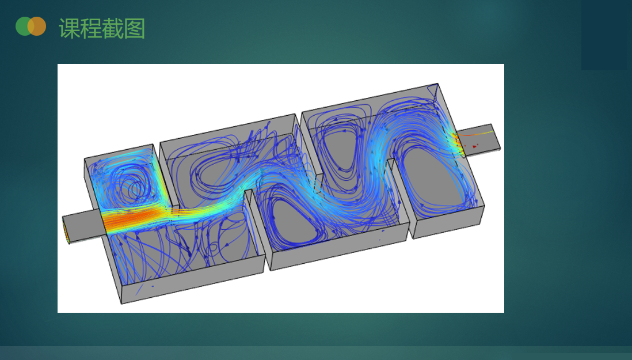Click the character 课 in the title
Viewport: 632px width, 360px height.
point(69,29)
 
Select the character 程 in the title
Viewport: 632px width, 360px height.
point(91,29)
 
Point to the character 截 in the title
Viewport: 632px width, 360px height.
point(112,29)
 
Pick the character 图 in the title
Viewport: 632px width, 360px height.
point(134,29)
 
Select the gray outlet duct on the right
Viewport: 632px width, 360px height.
point(479,139)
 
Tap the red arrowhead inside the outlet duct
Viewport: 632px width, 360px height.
point(475,147)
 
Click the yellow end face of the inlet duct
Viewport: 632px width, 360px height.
point(66,230)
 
